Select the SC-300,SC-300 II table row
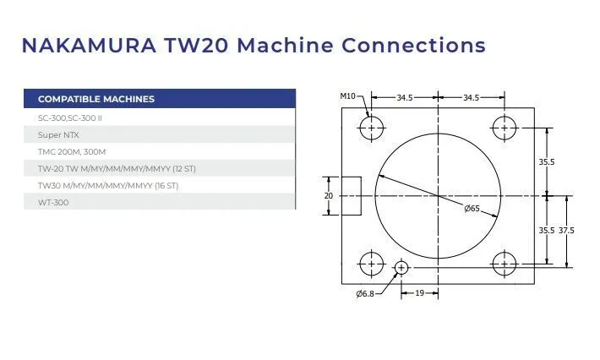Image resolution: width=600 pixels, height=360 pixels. [x=70, y=117]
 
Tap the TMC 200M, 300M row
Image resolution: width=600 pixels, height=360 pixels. [x=72, y=151]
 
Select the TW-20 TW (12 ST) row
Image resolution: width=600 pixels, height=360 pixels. [x=111, y=168]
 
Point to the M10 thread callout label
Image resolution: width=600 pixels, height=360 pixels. [x=348, y=96]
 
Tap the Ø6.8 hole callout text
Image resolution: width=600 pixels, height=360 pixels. [x=365, y=293]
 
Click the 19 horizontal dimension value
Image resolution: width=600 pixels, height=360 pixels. [x=420, y=293]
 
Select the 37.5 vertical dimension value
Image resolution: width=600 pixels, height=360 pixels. [x=566, y=230]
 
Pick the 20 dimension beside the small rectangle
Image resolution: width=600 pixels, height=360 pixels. [x=329, y=195]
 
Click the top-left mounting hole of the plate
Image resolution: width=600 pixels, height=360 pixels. [x=371, y=128]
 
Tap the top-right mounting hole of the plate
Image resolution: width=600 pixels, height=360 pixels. [x=505, y=128]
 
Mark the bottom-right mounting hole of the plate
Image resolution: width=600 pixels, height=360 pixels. [x=505, y=264]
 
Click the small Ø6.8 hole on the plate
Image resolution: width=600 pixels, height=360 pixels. [x=401, y=268]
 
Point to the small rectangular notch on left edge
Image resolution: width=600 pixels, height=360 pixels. [x=352, y=195]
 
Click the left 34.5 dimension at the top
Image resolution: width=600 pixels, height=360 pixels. [x=405, y=98]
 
